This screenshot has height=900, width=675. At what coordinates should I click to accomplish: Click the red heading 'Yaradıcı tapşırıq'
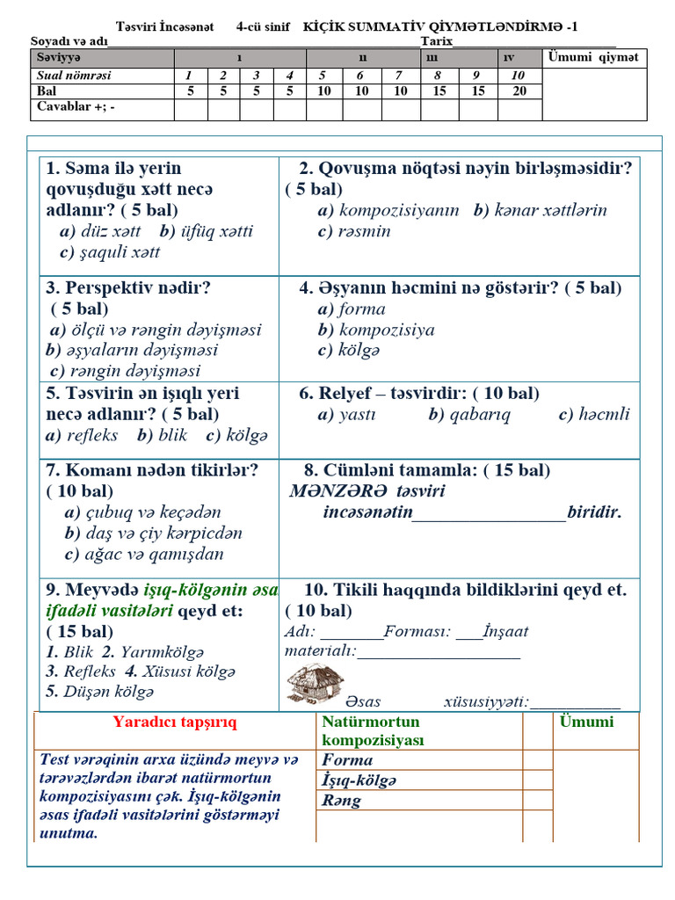[x=174, y=722]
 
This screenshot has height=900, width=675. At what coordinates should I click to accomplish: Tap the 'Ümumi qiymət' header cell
[x=594, y=58]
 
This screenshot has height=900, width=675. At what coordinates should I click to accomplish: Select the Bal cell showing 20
[x=519, y=91]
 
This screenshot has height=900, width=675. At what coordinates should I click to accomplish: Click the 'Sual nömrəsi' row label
[x=74, y=76]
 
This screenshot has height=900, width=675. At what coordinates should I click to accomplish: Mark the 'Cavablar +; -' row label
[x=76, y=107]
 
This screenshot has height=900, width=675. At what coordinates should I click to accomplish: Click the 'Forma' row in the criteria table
[x=348, y=760]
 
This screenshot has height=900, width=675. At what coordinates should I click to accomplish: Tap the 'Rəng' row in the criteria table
[x=342, y=801]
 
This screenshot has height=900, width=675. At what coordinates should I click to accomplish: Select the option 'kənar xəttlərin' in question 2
[x=550, y=210]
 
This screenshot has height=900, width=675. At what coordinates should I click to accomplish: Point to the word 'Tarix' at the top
[x=436, y=41]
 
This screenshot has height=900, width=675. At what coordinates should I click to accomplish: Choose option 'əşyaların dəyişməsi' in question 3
[x=139, y=350]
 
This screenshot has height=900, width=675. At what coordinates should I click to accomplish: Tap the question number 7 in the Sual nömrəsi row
[x=398, y=76]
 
